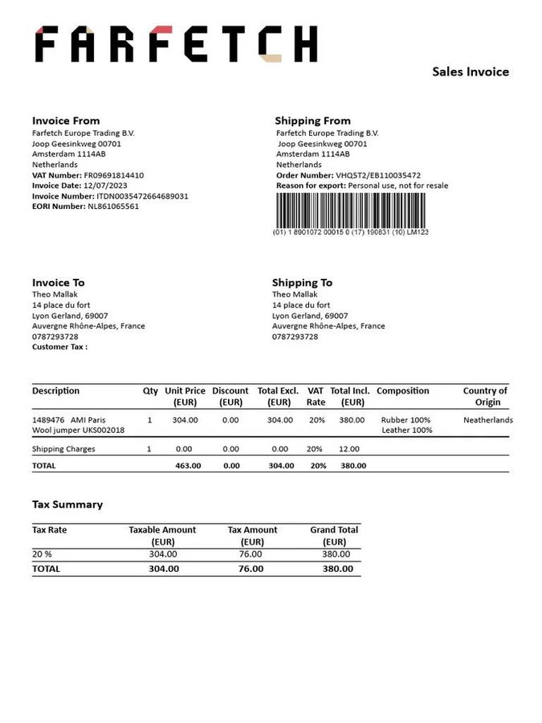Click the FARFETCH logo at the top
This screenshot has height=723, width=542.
(x=176, y=44)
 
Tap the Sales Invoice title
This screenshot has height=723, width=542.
(x=471, y=72)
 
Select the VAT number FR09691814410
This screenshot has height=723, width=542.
(x=114, y=175)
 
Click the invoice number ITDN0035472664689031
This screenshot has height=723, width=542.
(x=142, y=196)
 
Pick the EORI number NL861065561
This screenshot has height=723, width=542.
(x=113, y=206)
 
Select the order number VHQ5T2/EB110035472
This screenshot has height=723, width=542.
(x=378, y=175)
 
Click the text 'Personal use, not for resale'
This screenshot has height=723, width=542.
(x=398, y=186)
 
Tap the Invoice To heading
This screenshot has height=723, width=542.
(x=58, y=283)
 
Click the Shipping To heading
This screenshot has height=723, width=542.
(x=302, y=283)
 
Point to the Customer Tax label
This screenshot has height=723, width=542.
(x=59, y=347)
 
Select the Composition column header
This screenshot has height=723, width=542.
(x=403, y=391)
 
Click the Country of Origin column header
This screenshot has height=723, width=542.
(x=486, y=396)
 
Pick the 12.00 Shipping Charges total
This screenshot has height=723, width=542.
(x=349, y=449)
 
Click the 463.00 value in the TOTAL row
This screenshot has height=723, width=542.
(x=188, y=465)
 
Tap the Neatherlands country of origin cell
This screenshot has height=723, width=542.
(x=488, y=420)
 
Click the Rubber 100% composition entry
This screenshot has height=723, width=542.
(x=405, y=420)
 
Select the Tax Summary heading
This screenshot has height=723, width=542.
(x=67, y=504)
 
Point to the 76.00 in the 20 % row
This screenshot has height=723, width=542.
(x=251, y=553)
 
